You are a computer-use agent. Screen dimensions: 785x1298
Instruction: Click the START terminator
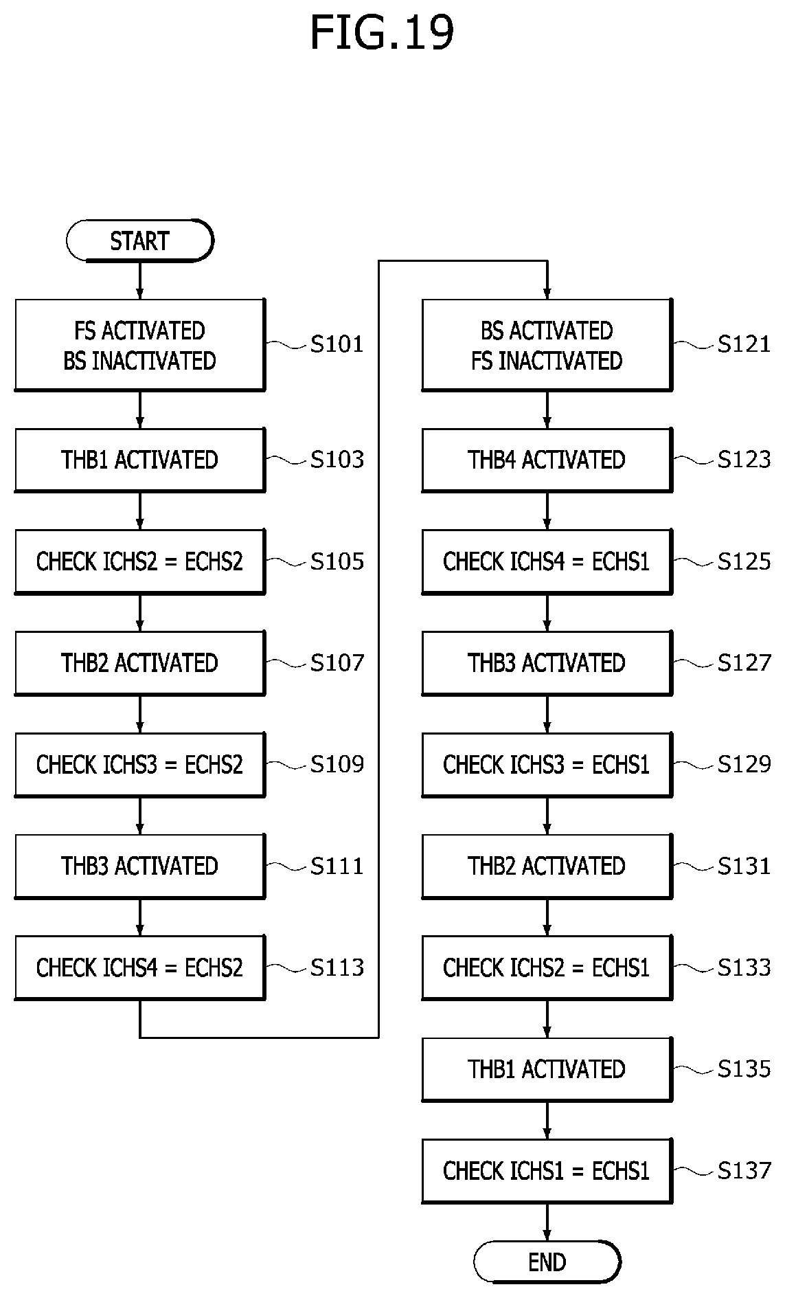tap(140, 240)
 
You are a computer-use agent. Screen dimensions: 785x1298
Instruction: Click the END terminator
tap(547, 1262)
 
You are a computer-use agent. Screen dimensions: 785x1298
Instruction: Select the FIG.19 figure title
tap(382, 32)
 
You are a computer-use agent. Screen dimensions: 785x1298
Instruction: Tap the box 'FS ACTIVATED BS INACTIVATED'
tap(140, 345)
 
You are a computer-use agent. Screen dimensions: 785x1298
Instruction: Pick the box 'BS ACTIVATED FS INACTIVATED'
tap(547, 345)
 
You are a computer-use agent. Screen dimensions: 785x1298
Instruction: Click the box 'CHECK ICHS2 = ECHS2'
tap(140, 561)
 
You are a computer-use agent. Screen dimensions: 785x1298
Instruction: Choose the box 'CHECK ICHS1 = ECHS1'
tap(547, 1170)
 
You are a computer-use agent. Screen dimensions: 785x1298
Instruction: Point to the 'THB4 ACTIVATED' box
tap(547, 460)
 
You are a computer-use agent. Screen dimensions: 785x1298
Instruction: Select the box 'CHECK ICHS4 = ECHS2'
tap(140, 967)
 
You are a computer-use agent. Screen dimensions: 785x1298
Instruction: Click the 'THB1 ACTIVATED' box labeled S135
tap(547, 1069)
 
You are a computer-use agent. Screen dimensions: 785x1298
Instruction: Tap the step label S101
tap(337, 344)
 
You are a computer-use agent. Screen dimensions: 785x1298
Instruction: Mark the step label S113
tap(337, 967)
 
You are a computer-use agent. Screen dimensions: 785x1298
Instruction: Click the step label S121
tap(744, 344)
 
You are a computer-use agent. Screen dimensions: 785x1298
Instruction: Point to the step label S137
tap(744, 1170)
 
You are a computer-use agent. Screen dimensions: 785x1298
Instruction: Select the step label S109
tap(337, 763)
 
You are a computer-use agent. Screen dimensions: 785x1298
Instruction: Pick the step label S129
tap(744, 763)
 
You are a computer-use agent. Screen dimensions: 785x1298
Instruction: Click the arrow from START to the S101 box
tap(140, 280)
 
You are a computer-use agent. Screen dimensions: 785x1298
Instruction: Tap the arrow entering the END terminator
tap(547, 1222)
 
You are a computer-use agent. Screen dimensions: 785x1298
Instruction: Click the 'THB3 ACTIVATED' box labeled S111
tap(140, 866)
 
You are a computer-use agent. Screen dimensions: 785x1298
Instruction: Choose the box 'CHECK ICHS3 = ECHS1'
tap(547, 764)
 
